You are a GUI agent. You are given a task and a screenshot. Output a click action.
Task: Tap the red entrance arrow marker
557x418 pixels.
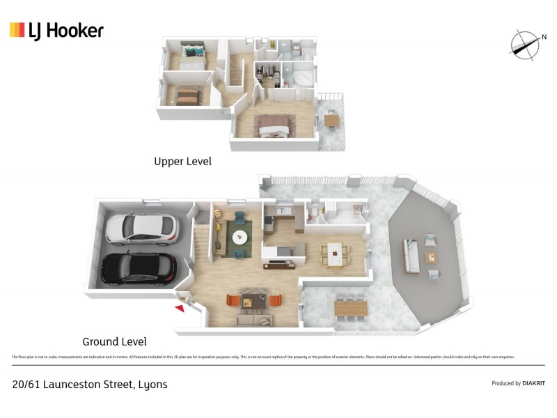[180, 306]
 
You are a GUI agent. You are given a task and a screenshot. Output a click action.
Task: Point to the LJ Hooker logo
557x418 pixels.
[56, 30]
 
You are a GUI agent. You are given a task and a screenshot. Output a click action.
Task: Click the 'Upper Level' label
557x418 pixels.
[182, 161]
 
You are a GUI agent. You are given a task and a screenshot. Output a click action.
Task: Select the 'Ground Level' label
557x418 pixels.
[114, 341]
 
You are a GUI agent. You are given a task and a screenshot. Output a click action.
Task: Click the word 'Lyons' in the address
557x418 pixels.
[152, 384]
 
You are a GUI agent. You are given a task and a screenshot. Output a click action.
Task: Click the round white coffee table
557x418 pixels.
[240, 236]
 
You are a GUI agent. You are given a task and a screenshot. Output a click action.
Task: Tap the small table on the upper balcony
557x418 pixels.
[332, 120]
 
